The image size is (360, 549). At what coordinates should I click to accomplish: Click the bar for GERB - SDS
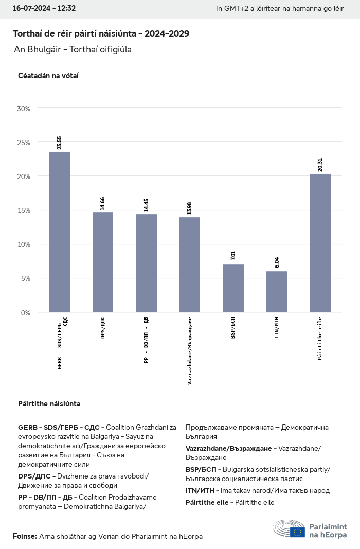click(60, 232)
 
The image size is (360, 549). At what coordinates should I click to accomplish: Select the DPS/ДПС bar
click(103, 262)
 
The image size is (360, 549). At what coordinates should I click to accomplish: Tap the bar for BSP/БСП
click(233, 288)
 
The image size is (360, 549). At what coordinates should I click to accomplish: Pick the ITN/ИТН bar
click(277, 291)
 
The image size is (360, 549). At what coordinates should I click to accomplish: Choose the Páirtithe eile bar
click(320, 243)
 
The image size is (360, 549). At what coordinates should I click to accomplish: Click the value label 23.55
click(60, 143)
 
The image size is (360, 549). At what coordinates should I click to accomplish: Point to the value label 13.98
click(190, 208)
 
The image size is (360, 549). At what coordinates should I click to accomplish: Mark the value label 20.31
click(320, 165)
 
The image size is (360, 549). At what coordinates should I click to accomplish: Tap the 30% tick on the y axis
click(24, 109)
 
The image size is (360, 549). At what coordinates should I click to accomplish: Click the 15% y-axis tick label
click(24, 210)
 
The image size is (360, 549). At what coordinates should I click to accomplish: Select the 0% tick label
click(26, 312)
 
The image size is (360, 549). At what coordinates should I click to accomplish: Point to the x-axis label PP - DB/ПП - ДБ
click(147, 341)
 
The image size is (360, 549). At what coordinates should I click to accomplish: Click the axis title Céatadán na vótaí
click(48, 76)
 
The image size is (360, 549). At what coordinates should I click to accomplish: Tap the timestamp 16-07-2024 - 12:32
click(44, 8)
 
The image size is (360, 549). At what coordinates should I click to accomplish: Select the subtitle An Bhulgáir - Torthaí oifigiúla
click(73, 50)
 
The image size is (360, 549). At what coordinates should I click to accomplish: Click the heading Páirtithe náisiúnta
click(49, 404)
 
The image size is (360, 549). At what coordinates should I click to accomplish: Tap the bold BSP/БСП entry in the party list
click(203, 469)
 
